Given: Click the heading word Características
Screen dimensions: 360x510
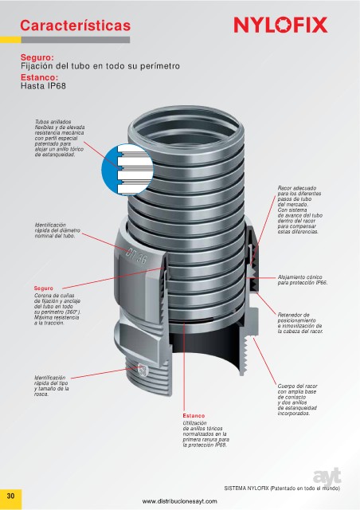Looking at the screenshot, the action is click(x=75, y=25).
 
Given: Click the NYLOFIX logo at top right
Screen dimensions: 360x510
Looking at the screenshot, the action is click(x=280, y=25).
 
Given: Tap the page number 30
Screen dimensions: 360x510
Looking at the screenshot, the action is click(x=10, y=496).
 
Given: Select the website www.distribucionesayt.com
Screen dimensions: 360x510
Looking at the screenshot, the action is click(x=179, y=501).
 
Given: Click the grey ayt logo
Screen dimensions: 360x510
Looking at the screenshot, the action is click(x=327, y=477).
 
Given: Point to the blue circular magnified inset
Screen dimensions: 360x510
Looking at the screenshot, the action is click(x=127, y=170).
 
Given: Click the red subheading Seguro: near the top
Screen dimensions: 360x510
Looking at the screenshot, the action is click(x=37, y=57).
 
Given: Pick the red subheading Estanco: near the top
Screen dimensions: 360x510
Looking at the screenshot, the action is click(x=39, y=77).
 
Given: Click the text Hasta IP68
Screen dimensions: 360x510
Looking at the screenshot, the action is click(x=43, y=86).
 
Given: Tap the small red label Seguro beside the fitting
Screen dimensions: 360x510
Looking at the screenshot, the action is click(x=43, y=288).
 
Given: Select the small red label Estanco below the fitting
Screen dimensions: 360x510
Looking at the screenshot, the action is click(x=194, y=416).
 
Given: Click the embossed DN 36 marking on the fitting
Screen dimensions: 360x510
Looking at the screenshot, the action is click(x=136, y=256).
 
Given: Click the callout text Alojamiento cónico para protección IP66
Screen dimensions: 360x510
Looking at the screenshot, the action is click(x=303, y=280).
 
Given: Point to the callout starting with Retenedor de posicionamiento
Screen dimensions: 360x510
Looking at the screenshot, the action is click(x=300, y=323).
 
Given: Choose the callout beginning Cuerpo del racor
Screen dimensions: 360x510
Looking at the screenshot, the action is click(x=298, y=400).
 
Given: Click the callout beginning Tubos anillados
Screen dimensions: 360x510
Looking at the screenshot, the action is click(x=59, y=138).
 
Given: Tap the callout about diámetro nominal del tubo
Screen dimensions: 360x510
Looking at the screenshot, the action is click(x=57, y=230).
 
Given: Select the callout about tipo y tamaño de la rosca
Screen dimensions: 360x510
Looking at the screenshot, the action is click(x=52, y=386).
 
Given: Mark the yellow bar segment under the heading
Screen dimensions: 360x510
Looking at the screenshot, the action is click(x=10, y=40).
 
